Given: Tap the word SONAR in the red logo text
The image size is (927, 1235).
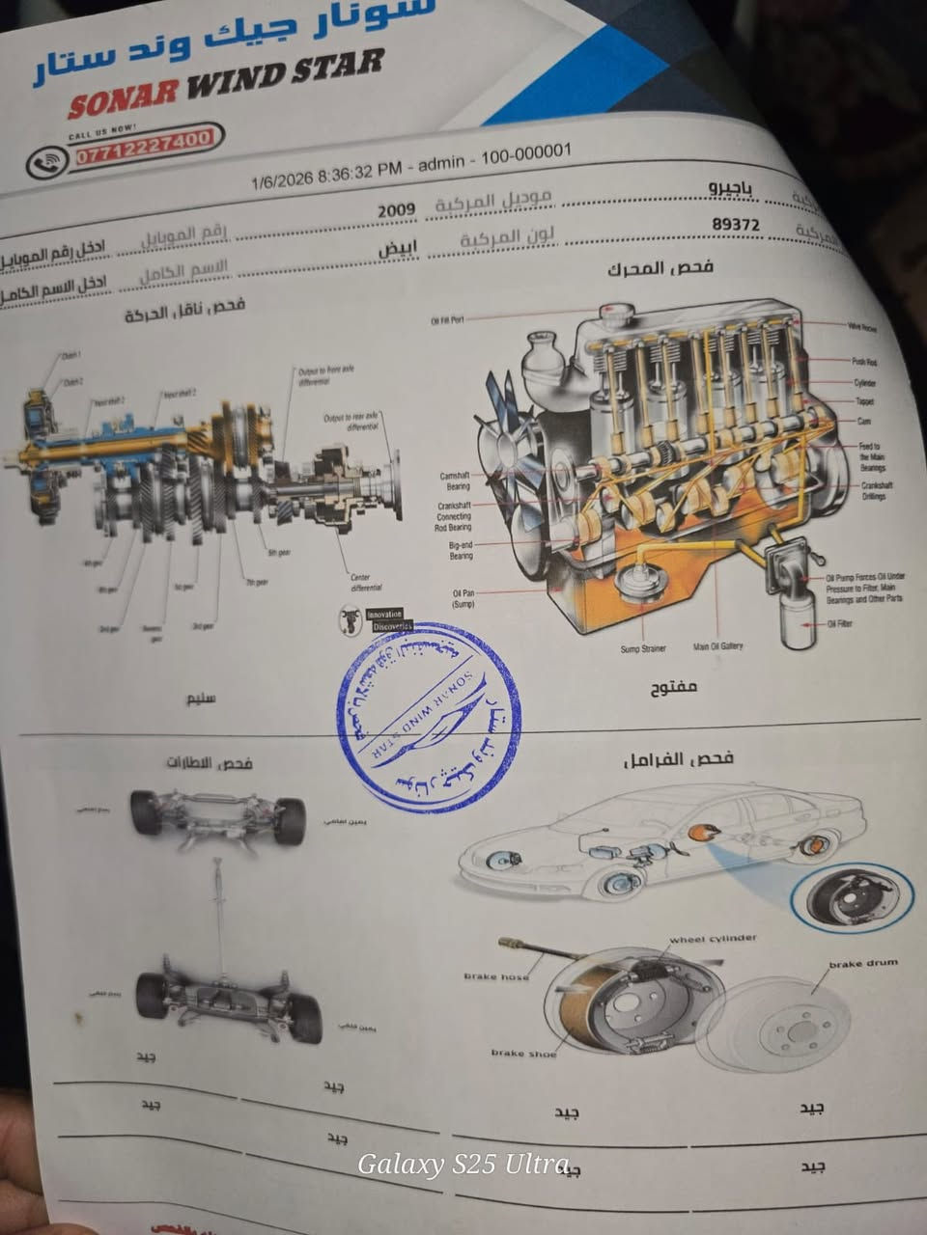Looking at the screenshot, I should (124, 89).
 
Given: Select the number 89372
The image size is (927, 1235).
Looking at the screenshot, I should (736, 225).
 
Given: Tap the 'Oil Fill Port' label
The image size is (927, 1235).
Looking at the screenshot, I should (448, 319).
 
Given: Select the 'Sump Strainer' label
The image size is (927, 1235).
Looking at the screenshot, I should (643, 648).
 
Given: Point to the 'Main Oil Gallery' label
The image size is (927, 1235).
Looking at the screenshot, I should (718, 646).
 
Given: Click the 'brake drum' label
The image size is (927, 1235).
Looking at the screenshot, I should (862, 963).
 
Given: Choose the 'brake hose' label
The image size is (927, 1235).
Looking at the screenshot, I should (496, 976).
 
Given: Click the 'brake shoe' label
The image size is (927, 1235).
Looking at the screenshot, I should (523, 1053).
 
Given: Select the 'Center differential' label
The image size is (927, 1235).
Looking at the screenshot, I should (366, 582).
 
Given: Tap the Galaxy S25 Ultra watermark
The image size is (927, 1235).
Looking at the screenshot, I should (463, 1165).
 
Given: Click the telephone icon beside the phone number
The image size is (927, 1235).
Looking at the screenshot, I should (46, 161).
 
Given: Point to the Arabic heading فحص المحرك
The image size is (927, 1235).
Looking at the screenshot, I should (660, 267).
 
